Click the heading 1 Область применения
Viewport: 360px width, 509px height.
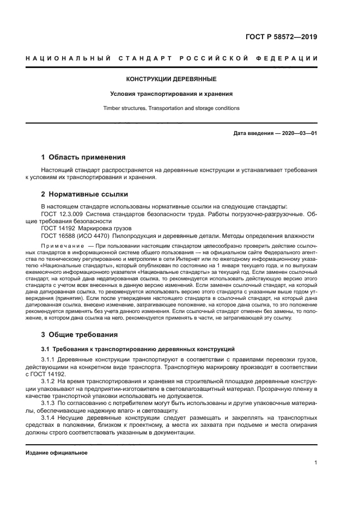pos(83,157)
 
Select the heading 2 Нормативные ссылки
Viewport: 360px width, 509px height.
pos(84,194)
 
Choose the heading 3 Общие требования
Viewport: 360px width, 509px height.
pos(79,334)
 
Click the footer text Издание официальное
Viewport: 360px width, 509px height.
pos(56,452)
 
